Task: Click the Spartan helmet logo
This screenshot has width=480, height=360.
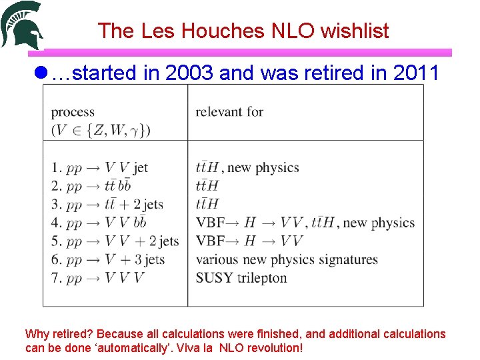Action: [21, 25]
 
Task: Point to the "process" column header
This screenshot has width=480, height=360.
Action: [73, 112]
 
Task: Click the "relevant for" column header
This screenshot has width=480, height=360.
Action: [229, 112]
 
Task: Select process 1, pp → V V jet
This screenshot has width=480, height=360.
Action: [99, 167]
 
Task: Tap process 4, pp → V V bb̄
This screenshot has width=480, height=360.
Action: [99, 223]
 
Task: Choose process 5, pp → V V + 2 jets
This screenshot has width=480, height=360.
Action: [115, 241]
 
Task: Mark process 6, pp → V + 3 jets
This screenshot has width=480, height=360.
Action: [107, 259]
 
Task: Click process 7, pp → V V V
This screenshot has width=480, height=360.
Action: [97, 277]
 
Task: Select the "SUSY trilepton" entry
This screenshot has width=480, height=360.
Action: [241, 278]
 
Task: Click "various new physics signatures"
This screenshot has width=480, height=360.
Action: [287, 259]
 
